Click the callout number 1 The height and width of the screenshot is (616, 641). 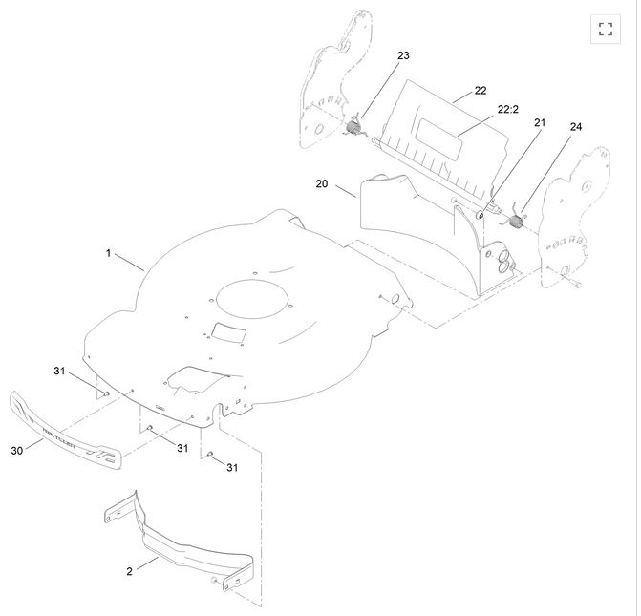coord(109,253)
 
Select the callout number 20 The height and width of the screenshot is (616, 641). coord(321,182)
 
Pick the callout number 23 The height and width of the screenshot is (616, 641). coord(403,56)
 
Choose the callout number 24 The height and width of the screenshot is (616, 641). coord(575,126)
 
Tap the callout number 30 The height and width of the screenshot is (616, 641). coord(17,450)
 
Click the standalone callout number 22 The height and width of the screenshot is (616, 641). coord(480,90)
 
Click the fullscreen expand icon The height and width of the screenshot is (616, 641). coord(605,28)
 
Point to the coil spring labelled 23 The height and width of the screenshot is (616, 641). coord(354,127)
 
